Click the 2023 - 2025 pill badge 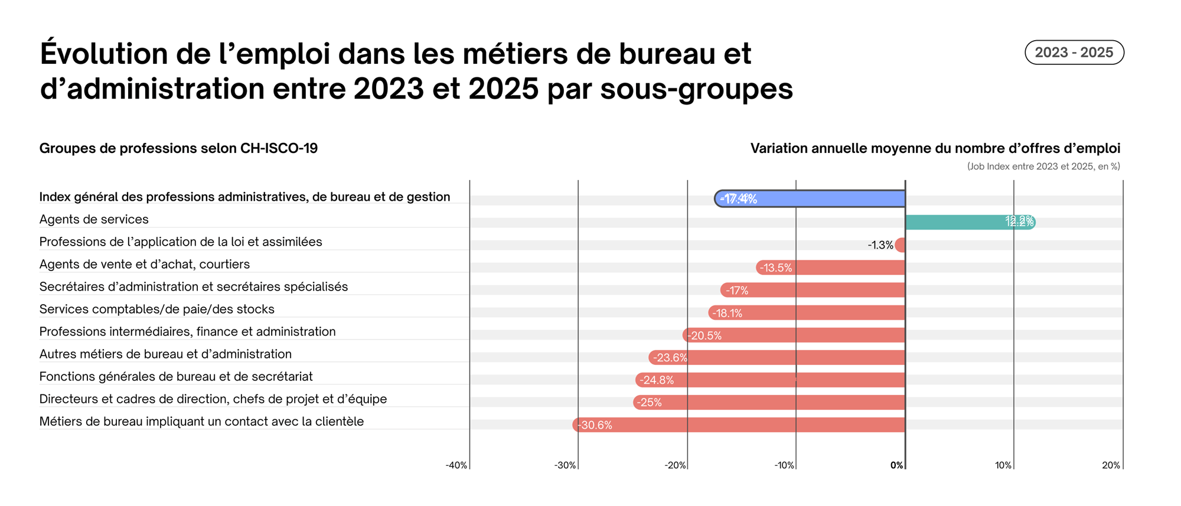pyautogui.click(x=1074, y=53)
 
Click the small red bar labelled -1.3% pyautogui.click(x=901, y=245)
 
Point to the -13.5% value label pyautogui.click(x=775, y=268)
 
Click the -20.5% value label pyautogui.click(x=705, y=336)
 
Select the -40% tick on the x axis pyautogui.click(x=456, y=465)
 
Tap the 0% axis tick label pyautogui.click(x=896, y=465)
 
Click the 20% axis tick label pyautogui.click(x=1111, y=465)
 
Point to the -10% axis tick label pyautogui.click(x=784, y=465)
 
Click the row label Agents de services pyautogui.click(x=94, y=220)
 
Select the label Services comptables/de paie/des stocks pyautogui.click(x=156, y=309)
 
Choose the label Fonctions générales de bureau pyautogui.click(x=176, y=377)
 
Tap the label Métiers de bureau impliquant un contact pyautogui.click(x=201, y=422)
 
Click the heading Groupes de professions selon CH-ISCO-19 pyautogui.click(x=178, y=148)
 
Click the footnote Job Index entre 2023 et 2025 pyautogui.click(x=1043, y=167)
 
